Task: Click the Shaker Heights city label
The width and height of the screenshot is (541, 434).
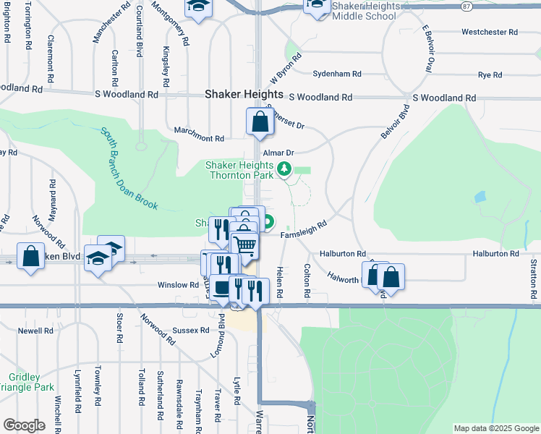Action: pos(244,94)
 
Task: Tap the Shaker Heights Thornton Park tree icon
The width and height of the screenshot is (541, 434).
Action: pos(284,169)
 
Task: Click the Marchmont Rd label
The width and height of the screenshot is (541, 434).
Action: pos(199,138)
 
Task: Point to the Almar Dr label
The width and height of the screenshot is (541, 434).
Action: pos(278,153)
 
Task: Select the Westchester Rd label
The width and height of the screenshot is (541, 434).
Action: pos(490,33)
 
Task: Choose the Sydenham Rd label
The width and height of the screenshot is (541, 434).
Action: pos(337,75)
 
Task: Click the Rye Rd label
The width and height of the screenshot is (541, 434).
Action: pos(490,75)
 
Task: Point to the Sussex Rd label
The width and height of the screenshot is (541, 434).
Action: pos(185,331)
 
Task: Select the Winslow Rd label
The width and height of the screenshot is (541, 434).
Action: pos(178,285)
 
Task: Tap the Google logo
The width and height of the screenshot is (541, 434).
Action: pos(24,425)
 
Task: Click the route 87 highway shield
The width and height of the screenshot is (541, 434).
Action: pos(467,6)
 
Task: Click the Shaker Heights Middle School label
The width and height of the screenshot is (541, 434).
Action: pos(365,10)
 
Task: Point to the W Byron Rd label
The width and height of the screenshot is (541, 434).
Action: pos(284,70)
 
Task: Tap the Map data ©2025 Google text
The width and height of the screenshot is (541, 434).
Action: pos(495,428)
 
